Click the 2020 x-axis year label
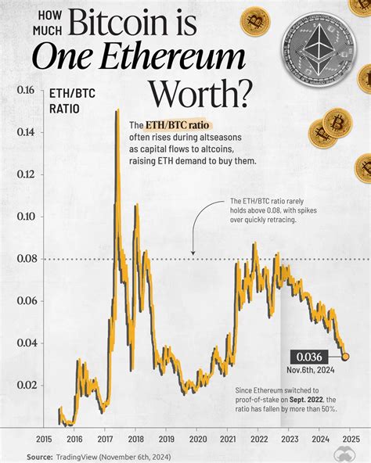click(197, 440)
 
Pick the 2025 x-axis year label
click(349, 440)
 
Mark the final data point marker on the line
click(346, 357)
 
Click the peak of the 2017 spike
click(117, 110)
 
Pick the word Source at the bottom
click(39, 457)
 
